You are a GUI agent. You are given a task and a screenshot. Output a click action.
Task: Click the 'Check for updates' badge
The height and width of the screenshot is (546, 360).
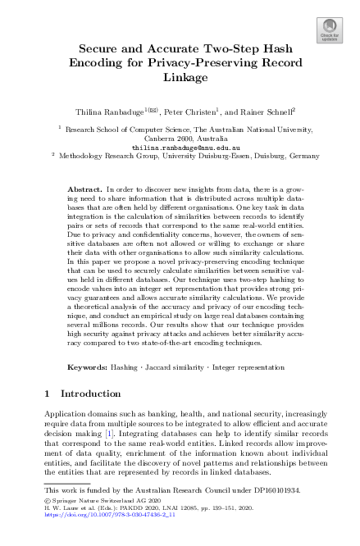(x=329, y=32)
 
